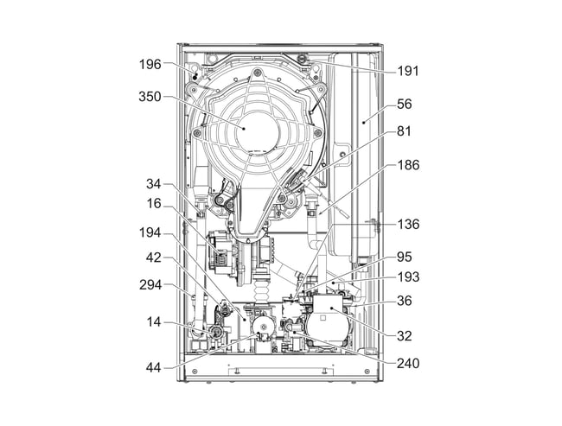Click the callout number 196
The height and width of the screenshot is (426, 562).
click(x=151, y=64)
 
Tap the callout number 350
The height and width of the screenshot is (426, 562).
click(x=151, y=97)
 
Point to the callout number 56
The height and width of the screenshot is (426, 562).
click(x=404, y=104)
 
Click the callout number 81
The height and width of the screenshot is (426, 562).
click(x=404, y=132)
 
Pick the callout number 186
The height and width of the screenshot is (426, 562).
click(x=407, y=165)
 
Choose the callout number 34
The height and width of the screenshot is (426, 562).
click(x=155, y=183)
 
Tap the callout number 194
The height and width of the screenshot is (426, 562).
click(x=151, y=233)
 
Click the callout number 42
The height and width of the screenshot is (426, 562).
click(x=155, y=257)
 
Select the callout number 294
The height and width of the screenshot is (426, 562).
click(x=151, y=283)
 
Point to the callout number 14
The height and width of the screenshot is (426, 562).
click(x=155, y=321)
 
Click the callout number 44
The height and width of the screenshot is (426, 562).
click(x=155, y=368)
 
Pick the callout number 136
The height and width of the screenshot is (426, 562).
click(x=407, y=224)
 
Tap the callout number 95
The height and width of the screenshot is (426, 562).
click(x=404, y=257)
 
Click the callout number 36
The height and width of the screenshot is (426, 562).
click(x=404, y=301)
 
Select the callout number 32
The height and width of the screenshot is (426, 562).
click(x=404, y=336)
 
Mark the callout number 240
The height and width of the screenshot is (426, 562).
click(x=407, y=364)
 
